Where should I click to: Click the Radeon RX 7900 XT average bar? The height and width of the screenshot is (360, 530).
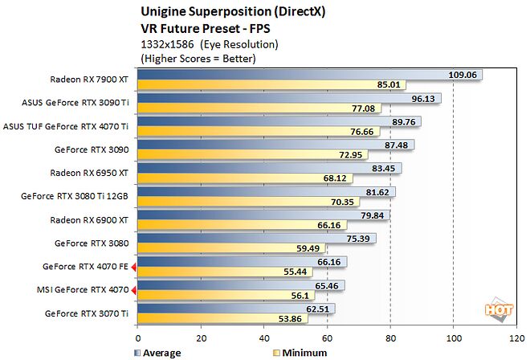(289, 74)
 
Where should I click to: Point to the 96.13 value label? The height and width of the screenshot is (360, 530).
(425, 97)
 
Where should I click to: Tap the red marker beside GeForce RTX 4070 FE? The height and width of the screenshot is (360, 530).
(134, 266)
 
